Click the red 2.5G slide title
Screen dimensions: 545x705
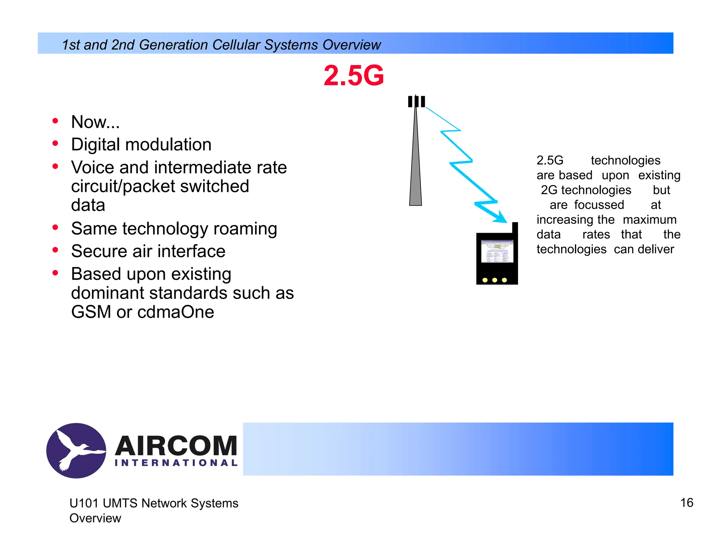pos(354,75)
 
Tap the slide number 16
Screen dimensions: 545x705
pos(687,503)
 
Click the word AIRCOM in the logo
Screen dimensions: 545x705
pos(176,446)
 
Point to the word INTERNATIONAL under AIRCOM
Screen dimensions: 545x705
pos(176,463)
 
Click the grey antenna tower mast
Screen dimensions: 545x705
pos(415,165)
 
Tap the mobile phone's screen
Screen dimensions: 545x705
pos(497,251)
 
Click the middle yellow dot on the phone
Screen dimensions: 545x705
pos(495,280)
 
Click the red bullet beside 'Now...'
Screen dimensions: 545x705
pos(55,121)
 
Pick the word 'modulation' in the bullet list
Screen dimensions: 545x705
pos(168,144)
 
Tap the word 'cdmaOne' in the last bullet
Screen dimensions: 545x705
pos(176,312)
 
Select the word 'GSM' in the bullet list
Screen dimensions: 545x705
pos(91,312)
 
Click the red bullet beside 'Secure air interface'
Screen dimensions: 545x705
pos(55,250)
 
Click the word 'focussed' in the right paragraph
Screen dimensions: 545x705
pos(599,205)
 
